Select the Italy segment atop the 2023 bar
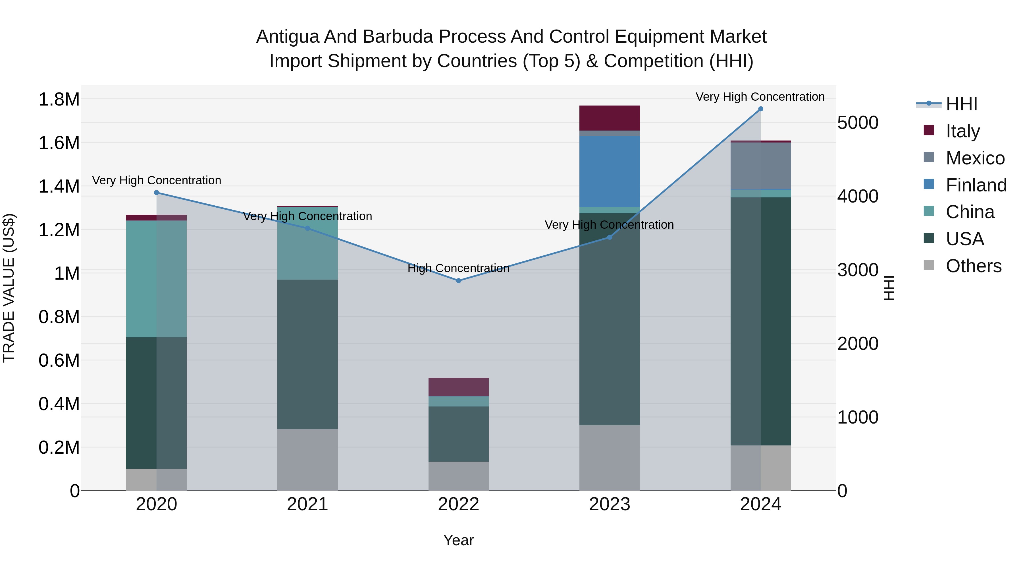pyautogui.click(x=609, y=118)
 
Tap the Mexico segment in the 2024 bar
pyautogui.click(x=760, y=166)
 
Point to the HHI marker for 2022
pyautogui.click(x=458, y=281)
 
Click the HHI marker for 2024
pyautogui.click(x=760, y=109)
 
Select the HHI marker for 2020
pyautogui.click(x=157, y=193)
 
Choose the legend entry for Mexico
pyautogui.click(x=975, y=158)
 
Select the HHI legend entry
pyautogui.click(x=961, y=104)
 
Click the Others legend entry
pyautogui.click(x=973, y=266)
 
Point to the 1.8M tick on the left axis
pyautogui.click(x=59, y=99)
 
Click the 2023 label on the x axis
pyautogui.click(x=609, y=504)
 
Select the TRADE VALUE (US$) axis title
pyautogui.click(x=9, y=288)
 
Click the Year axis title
pyautogui.click(x=458, y=540)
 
